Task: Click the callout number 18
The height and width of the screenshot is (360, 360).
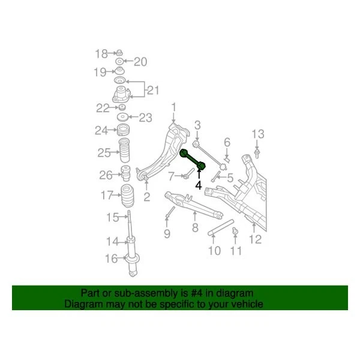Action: [101, 54]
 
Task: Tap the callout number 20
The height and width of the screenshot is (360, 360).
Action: [140, 61]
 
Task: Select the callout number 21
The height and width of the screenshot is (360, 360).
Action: [153, 91]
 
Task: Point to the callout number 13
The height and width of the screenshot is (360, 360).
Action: [257, 133]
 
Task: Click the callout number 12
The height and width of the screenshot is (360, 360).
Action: [256, 240]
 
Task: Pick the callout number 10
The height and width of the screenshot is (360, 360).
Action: [214, 250]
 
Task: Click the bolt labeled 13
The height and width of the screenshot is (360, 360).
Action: [257, 153]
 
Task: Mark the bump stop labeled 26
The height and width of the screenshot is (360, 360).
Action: [127, 175]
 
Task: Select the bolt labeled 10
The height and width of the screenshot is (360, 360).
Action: [221, 228]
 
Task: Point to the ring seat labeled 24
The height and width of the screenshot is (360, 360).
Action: [123, 130]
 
